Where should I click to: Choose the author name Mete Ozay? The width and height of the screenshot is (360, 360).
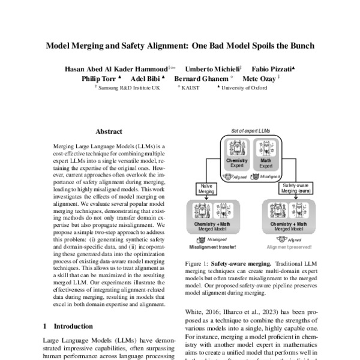click(x=259, y=78)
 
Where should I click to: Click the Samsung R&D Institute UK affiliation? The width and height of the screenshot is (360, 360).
click(x=130, y=87)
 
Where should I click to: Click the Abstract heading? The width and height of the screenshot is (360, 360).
click(x=109, y=131)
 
